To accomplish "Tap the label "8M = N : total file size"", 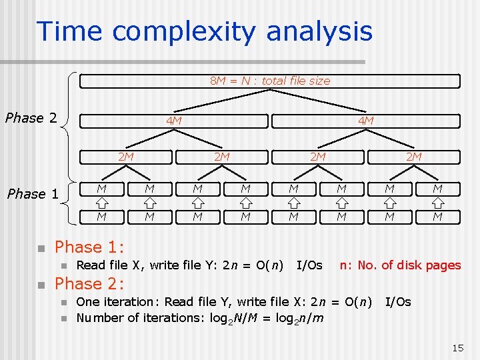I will coord(270,81).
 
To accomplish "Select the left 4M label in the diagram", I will coord(174,121).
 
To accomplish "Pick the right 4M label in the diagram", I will coord(365,121).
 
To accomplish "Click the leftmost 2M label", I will coord(126,157).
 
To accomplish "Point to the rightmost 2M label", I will coord(413,157).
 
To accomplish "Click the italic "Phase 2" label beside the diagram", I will coord(31,119).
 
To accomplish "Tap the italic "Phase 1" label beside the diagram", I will coord(33,194).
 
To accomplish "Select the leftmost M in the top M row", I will coord(101,189).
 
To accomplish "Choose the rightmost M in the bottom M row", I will coord(437,216).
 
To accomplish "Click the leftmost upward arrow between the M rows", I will coord(101,203).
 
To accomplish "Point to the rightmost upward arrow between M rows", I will coord(437,203).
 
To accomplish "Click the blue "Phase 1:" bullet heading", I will coord(89,247).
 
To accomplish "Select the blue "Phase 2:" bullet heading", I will coord(89,284).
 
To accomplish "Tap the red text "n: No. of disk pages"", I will coord(400,265).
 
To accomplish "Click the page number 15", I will coord(457,347).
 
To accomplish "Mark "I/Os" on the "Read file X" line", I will coord(309,265).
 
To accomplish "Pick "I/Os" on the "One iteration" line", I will coord(398,302).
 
